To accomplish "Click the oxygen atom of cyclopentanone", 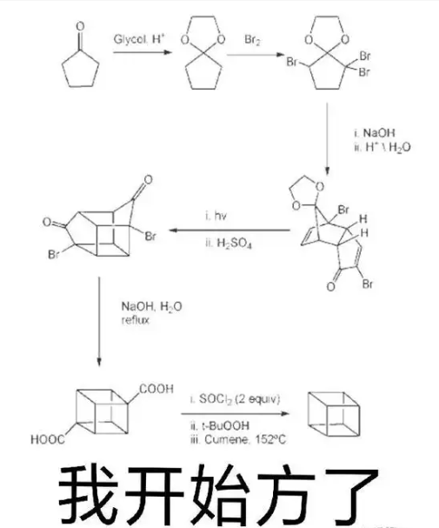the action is tap(80, 26).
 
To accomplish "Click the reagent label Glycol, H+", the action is tap(139, 39).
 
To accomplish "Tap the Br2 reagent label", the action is tap(252, 40).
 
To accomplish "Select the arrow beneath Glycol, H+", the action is tap(143, 52).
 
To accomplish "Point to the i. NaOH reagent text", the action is tap(374, 133).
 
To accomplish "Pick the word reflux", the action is tap(136, 320).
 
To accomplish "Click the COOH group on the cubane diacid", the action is tap(156, 390).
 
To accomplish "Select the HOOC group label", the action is tap(48, 439).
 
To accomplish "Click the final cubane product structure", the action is tap(334, 414).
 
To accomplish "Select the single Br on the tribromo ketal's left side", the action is tap(292, 63).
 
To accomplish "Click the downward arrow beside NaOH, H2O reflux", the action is tap(99, 322).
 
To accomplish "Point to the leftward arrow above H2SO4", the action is tap(229, 231).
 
